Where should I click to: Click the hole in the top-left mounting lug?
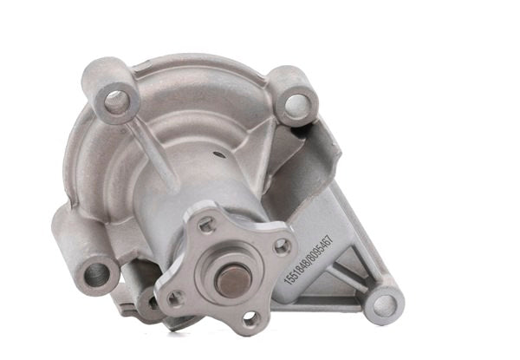tap(116, 103)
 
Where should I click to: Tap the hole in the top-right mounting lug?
tap(296, 106)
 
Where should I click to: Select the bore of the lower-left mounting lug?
tap(96, 275)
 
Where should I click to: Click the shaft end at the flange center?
tap(231, 279)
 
